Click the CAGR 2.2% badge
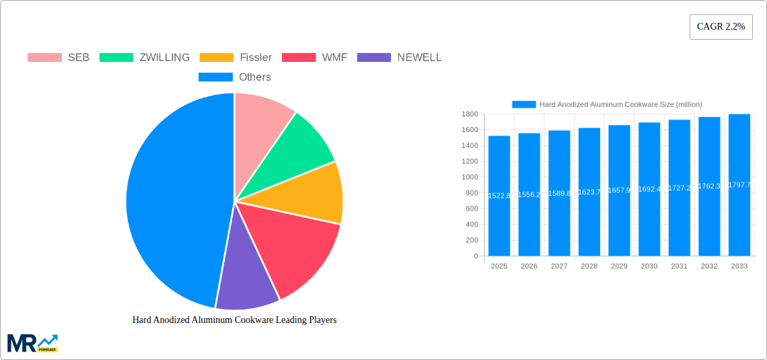point(721,27)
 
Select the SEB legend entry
point(59,57)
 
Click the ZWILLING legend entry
point(145,57)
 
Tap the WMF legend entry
point(315,57)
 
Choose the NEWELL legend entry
point(399,57)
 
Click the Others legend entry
point(235,77)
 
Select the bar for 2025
point(499,195)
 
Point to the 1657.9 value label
point(619,190)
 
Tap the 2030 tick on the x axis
point(649,266)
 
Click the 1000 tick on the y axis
point(470,177)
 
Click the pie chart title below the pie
point(234,320)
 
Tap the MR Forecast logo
point(32,343)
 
